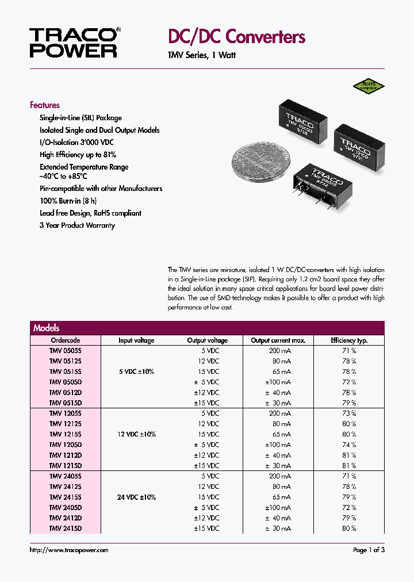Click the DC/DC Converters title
[x=236, y=37]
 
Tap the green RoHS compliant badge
[x=369, y=86]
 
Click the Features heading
[x=45, y=105]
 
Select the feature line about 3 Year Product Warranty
[x=77, y=225]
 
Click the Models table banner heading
[x=47, y=328]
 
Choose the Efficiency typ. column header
[x=348, y=340]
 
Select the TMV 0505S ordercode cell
[x=66, y=351]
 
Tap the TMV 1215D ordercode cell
[x=66, y=465]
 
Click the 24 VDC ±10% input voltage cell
[x=137, y=497]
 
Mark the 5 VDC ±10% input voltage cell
[x=137, y=372]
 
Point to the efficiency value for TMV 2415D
[x=350, y=528]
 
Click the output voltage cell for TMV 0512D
[x=206, y=392]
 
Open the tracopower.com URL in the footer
[x=69, y=550]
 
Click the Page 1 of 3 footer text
[x=369, y=550]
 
